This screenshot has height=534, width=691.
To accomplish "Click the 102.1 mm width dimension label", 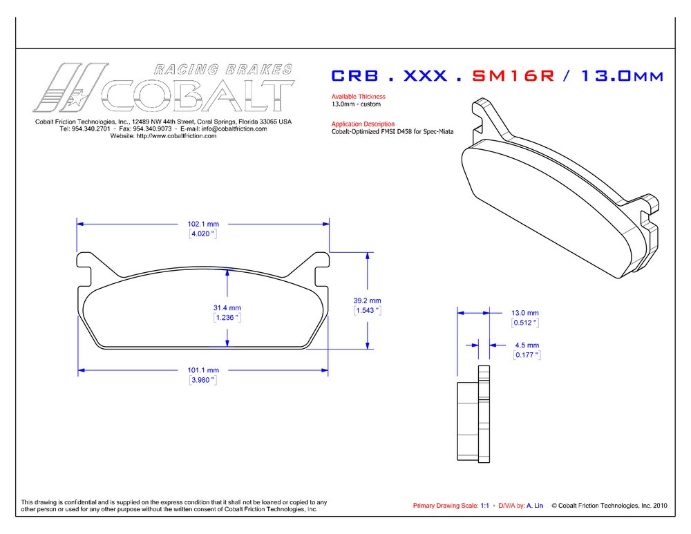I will (203, 224).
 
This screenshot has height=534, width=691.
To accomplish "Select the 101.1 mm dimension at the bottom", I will (203, 370).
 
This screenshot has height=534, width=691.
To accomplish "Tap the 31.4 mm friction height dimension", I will (227, 307).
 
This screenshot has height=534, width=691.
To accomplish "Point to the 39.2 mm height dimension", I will (367, 301).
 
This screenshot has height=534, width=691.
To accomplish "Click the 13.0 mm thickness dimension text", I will (524, 312).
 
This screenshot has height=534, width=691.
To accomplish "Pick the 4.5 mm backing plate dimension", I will (526, 345).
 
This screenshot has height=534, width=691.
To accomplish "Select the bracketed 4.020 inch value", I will (203, 234).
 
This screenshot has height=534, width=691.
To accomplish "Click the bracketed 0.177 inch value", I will (526, 355).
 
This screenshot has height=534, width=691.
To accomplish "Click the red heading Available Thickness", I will (358, 97).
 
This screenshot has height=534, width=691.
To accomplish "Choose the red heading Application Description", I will (363, 124).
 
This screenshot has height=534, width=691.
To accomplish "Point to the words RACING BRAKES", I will (222, 69).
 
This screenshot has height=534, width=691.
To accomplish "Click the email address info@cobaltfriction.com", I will (234, 129).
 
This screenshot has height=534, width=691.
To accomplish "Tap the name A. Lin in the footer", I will (535, 506).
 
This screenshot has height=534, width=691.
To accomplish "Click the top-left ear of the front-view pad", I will (85, 262).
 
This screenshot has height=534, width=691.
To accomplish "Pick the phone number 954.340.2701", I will (93, 129).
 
